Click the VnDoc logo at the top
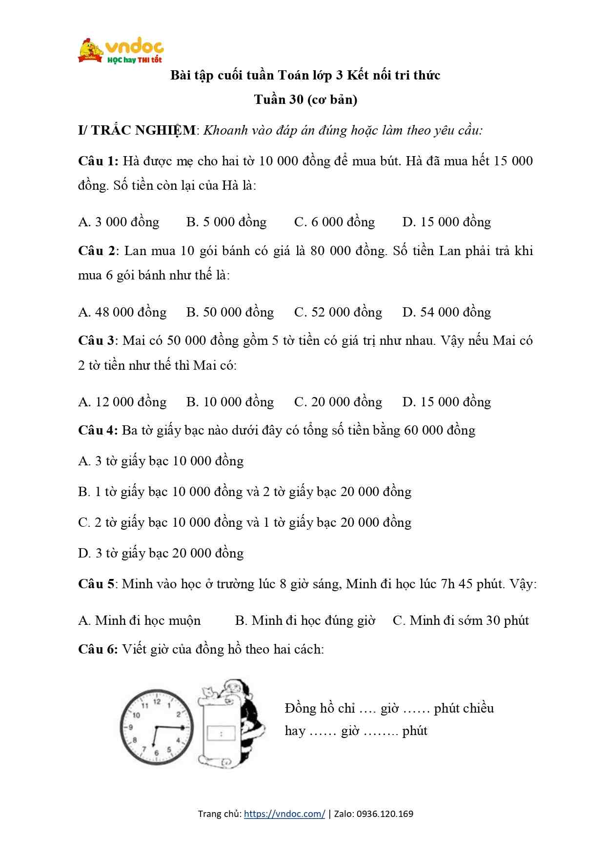[121, 50]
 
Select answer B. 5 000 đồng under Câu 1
[226, 222]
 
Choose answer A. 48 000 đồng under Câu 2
[122, 312]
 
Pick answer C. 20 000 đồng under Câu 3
[338, 402]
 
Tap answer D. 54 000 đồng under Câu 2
[446, 312]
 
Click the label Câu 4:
[98, 430]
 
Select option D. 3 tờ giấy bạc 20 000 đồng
[161, 553]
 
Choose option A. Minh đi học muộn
[139, 620]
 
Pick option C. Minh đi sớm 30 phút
[461, 620]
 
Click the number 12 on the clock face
[157, 702]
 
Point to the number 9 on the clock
[131, 727]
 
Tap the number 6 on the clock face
[157, 753]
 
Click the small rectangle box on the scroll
[222, 733]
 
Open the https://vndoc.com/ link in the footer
[284, 814]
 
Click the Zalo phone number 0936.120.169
[385, 814]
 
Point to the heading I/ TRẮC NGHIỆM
[137, 130]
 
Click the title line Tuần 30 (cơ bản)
[305, 100]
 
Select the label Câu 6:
[98, 649]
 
